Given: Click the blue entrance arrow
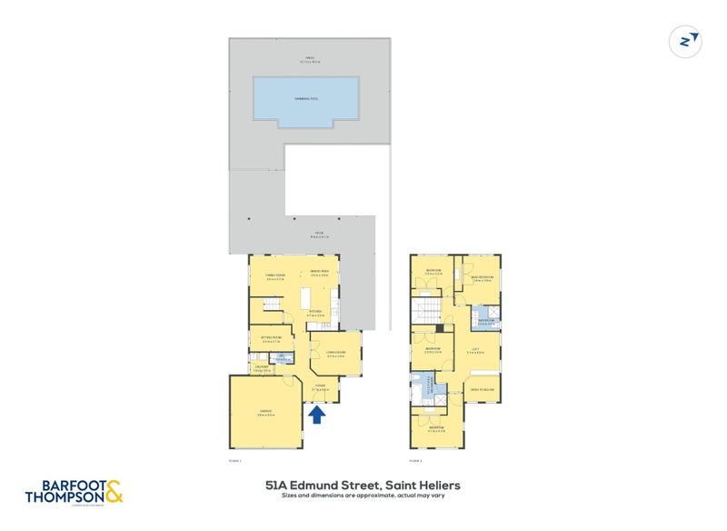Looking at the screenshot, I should [317, 416].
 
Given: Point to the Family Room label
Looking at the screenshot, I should [275, 275].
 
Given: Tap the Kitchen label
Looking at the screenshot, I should [316, 312].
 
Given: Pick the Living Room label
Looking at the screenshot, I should [336, 353].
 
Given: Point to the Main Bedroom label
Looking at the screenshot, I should [483, 276].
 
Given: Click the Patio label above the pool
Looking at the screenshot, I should [309, 61].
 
